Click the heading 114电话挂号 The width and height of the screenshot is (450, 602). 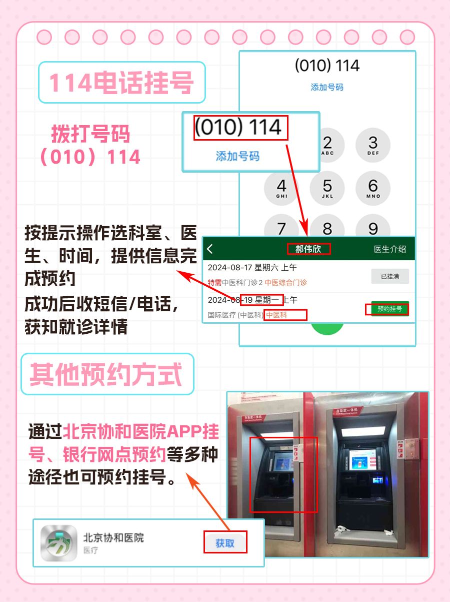point(121,83)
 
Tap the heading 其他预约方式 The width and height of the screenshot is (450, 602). point(106,374)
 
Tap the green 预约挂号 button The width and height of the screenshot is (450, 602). point(389,309)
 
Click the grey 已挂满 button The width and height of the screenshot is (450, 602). point(389,276)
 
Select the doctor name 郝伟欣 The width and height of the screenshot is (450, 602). point(308,249)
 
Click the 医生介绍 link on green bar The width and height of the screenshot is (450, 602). point(390,249)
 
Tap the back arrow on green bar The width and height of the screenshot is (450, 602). point(210,249)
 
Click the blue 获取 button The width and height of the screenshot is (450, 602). point(225,543)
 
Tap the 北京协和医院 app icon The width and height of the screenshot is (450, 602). point(58,543)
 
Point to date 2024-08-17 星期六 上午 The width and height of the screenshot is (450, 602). point(252,267)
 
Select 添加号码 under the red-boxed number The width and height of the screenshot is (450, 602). point(237,156)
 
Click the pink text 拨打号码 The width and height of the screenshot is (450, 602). point(90,134)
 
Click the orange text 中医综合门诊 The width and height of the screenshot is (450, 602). point(285,283)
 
